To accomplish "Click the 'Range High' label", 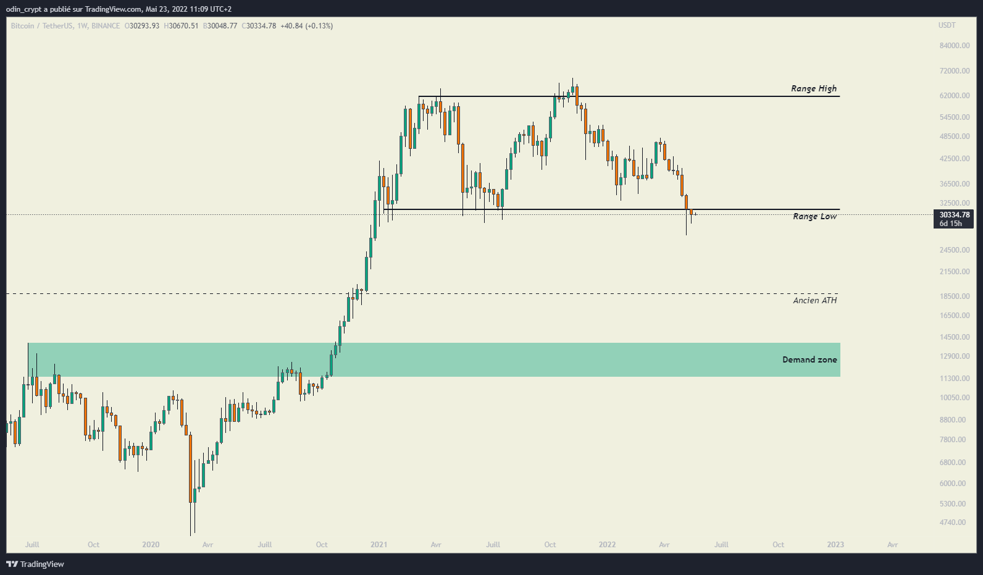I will pyautogui.click(x=814, y=88).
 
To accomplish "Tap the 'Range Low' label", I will pyautogui.click(x=814, y=216).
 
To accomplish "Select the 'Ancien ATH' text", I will pyautogui.click(x=814, y=300).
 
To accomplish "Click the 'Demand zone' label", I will pyautogui.click(x=809, y=359).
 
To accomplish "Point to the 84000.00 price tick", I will pyautogui.click(x=955, y=46).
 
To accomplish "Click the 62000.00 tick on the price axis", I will pyautogui.click(x=955, y=96).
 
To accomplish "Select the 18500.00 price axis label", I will pyautogui.click(x=955, y=296).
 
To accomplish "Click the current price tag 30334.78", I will pyautogui.click(x=954, y=215).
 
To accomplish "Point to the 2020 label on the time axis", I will pyautogui.click(x=151, y=545).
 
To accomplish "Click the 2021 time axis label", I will pyautogui.click(x=379, y=545).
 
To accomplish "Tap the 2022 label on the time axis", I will pyautogui.click(x=607, y=545).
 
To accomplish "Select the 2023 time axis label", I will pyautogui.click(x=835, y=545).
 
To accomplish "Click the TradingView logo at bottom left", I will pyautogui.click(x=35, y=564).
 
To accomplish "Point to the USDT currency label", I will pyautogui.click(x=947, y=25).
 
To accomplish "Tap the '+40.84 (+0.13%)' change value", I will pyautogui.click(x=306, y=26).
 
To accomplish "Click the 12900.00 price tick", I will pyautogui.click(x=955, y=356).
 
